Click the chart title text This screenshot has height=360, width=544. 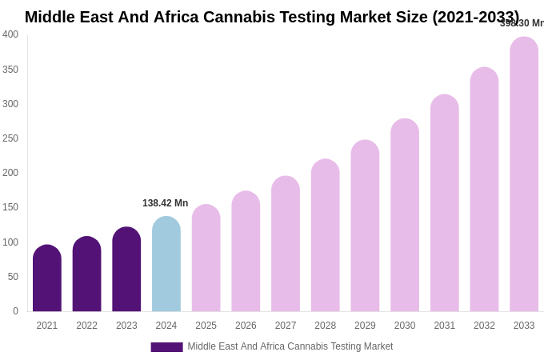(272, 17)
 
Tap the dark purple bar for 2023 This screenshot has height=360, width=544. (126, 270)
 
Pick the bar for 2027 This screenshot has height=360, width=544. (286, 244)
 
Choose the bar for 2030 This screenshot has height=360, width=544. (405, 215)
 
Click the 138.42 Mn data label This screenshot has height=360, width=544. (166, 203)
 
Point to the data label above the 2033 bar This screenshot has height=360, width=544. (522, 23)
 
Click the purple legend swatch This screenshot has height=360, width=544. (166, 347)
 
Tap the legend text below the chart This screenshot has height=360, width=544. (290, 346)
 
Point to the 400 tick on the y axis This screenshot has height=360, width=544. (10, 34)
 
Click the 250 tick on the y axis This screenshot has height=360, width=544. (10, 138)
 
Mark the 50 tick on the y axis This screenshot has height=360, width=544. (13, 277)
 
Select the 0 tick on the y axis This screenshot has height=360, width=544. (15, 311)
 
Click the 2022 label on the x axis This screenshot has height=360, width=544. (87, 326)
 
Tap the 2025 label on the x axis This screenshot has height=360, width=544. (206, 326)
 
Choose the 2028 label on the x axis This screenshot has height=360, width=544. (326, 326)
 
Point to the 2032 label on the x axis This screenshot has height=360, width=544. (484, 326)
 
